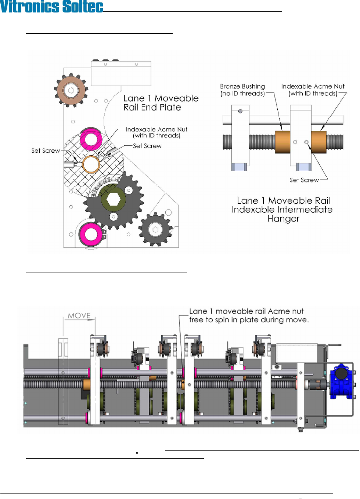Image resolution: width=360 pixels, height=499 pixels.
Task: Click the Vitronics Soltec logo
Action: click(51, 7)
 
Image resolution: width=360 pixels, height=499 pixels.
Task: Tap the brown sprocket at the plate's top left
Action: click(71, 90)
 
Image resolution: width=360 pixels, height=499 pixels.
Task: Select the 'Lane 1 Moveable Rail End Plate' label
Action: click(161, 103)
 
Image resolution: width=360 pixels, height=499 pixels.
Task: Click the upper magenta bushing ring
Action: click(91, 139)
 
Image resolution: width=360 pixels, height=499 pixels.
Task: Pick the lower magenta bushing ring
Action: click(91, 234)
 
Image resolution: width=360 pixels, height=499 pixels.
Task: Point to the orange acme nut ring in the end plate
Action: click(91, 164)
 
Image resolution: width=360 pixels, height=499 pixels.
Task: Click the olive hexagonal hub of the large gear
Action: click(113, 199)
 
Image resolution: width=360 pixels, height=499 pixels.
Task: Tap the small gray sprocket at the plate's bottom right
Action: click(155, 229)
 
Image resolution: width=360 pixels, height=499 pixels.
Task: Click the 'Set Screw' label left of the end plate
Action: click(46, 151)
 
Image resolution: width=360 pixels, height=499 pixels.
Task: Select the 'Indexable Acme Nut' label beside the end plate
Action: click(156, 132)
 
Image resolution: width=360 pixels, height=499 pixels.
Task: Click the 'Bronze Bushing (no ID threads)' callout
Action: click(242, 90)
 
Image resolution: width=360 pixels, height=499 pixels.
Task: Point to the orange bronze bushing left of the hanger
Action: click(282, 142)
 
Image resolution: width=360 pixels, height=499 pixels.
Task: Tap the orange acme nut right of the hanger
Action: click(319, 142)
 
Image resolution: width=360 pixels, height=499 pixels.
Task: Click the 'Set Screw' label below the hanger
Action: click(304, 180)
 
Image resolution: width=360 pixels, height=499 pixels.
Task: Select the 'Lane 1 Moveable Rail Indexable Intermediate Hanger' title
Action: click(282, 210)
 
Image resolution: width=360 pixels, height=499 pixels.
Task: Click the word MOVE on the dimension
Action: click(79, 316)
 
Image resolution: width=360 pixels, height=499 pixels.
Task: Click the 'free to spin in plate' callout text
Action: click(249, 320)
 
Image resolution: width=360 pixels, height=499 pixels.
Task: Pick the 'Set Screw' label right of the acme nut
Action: click(147, 146)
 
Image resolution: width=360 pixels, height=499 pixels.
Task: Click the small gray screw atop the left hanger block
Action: click(240, 111)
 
